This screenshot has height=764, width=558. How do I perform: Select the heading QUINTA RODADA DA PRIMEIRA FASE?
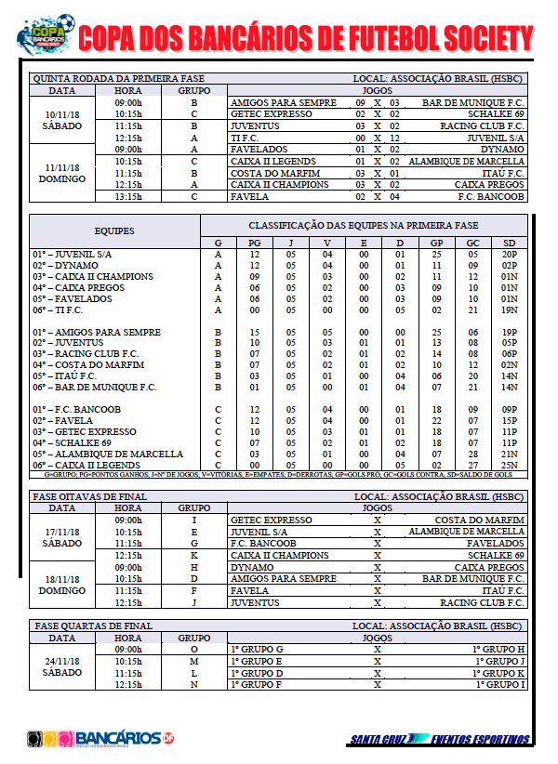[x=117, y=79]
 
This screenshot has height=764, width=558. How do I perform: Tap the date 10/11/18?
[x=62, y=114]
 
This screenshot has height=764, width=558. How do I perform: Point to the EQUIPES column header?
[x=114, y=230]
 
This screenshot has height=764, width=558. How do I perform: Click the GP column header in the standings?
[x=436, y=243]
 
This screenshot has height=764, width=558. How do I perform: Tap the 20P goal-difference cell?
[x=508, y=254]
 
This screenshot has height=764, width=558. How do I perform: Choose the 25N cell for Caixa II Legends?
[x=508, y=465]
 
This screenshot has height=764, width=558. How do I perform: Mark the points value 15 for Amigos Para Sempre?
[x=254, y=332]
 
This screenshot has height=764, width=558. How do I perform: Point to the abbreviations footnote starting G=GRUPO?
[x=278, y=475]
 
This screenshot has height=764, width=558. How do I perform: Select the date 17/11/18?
[x=62, y=532]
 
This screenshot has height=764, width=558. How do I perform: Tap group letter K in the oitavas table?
[x=194, y=555]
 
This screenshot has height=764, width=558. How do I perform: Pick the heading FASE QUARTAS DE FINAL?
[x=92, y=626]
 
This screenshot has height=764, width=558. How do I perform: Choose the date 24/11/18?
[x=62, y=661]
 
